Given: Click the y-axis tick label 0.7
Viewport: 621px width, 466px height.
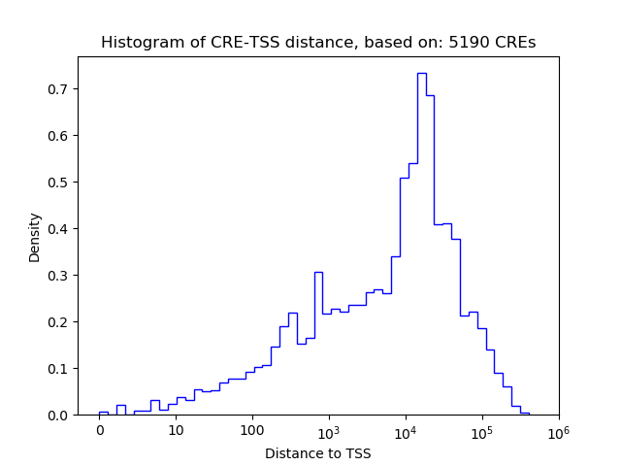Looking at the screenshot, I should tap(58, 89).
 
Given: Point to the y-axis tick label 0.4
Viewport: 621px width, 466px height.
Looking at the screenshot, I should tap(58, 229).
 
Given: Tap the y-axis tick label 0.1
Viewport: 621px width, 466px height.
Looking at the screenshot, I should tap(58, 369).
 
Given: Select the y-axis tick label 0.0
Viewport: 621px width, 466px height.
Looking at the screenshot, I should tap(58, 416).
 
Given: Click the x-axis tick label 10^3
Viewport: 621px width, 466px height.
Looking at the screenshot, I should tap(329, 430).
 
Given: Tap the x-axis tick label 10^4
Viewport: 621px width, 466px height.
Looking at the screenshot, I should tap(406, 430).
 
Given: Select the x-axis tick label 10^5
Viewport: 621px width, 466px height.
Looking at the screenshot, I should tap(482, 430).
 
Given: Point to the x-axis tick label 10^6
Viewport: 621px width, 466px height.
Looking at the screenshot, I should tap(558, 430).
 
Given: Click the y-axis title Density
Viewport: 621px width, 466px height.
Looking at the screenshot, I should tap(35, 237).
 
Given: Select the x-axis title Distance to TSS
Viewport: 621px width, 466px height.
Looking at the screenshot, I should tap(317, 453).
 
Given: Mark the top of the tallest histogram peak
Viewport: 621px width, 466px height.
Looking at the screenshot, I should tap(422, 74).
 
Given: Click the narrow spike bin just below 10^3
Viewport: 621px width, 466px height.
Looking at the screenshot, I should tap(317, 273).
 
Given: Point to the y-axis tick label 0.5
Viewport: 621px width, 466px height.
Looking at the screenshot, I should tap(58, 183).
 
